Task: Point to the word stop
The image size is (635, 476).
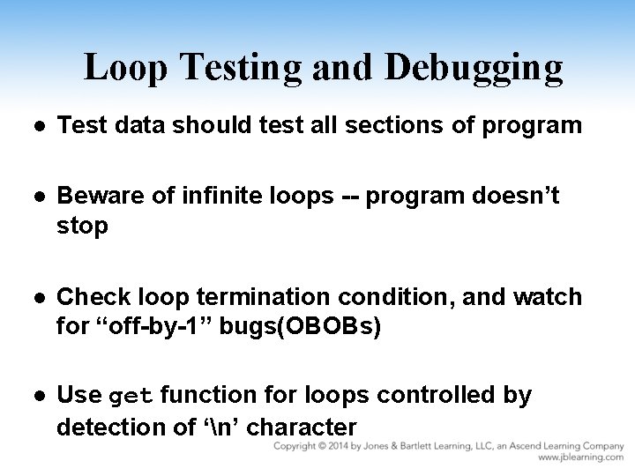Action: pyautogui.click(x=82, y=227)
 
